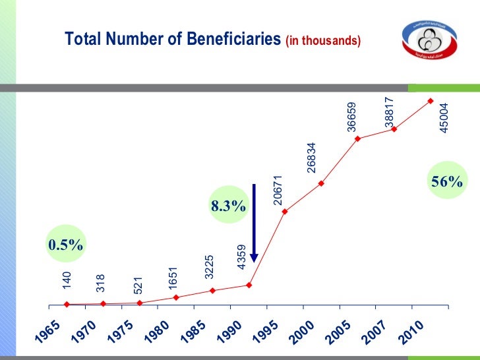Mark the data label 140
[67, 280]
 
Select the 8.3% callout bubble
[228, 207]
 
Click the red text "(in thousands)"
[323, 41]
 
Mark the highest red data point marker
[430, 101]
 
